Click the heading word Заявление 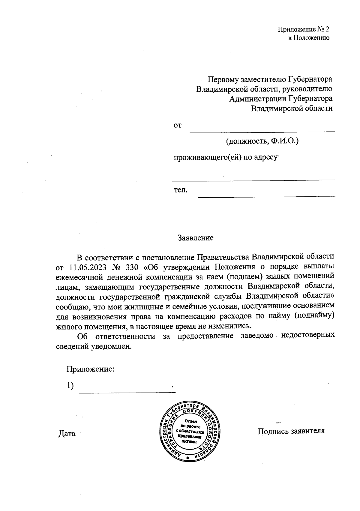pyautogui.click(x=195, y=238)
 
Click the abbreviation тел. pyautogui.click(x=181, y=190)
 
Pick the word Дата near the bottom pyautogui.click(x=67, y=434)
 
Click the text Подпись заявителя pyautogui.click(x=291, y=431)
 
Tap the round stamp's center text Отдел pyautogui.click(x=191, y=421)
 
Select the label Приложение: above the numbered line pyautogui.click(x=91, y=369)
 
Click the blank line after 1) pyautogui.click(x=127, y=390)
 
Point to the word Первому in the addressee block pyautogui.click(x=223, y=79)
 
